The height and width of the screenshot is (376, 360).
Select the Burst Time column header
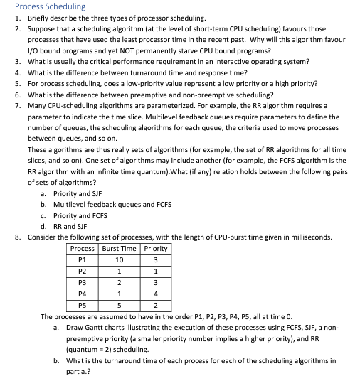pyautogui.click(x=119, y=248)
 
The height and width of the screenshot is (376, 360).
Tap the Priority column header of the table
pyautogui.click(x=155, y=248)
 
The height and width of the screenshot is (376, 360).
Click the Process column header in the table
pyautogui.click(x=83, y=248)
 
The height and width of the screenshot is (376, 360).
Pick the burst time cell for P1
pyautogui.click(x=119, y=260)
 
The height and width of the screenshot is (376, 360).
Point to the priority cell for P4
pyautogui.click(x=155, y=294)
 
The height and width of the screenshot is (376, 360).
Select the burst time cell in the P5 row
pyautogui.click(x=119, y=306)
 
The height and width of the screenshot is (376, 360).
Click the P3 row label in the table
pyautogui.click(x=83, y=283)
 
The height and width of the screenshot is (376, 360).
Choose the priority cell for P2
pyautogui.click(x=155, y=272)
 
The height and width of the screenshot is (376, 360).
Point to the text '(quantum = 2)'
pyautogui.click(x=88, y=349)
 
